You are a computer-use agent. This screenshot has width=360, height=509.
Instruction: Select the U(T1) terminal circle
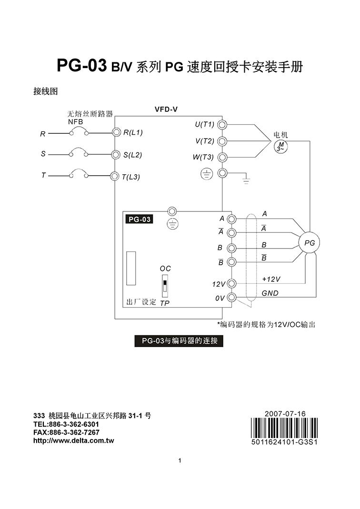[222, 125]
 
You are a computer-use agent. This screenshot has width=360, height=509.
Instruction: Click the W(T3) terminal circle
[222, 158]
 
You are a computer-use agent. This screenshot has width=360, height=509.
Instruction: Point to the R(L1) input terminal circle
[115, 132]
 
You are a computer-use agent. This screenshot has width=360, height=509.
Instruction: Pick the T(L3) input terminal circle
[114, 177]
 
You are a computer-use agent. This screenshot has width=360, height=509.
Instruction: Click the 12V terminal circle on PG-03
[232, 284]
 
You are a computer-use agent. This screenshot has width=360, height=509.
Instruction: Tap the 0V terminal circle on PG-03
[232, 298]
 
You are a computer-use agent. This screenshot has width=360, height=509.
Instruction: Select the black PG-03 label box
[140, 220]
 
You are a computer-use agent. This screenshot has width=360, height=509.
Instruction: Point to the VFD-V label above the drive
[166, 109]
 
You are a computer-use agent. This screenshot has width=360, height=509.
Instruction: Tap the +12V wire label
[271, 279]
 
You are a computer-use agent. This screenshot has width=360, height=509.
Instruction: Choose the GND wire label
[270, 293]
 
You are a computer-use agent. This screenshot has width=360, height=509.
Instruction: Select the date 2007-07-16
[286, 414]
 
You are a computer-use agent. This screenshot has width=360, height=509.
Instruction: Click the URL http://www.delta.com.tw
[73, 440]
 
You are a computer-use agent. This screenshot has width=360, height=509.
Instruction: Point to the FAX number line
[66, 432]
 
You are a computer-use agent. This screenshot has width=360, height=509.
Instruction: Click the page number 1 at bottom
[180, 460]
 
